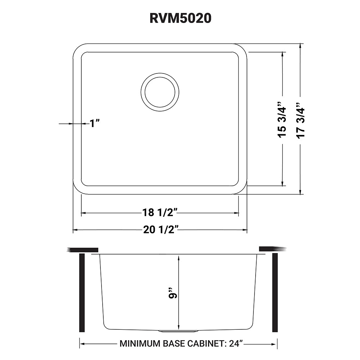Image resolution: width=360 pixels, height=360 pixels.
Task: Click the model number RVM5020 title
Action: pos(180,18)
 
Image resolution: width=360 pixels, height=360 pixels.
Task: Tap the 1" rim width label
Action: pos(94,123)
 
